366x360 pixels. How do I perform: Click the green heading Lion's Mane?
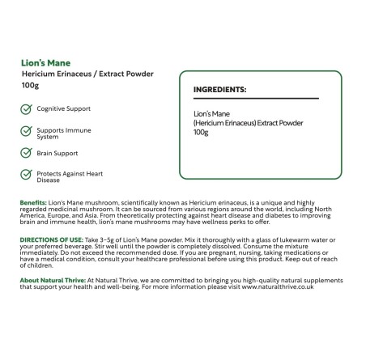coord(43,61)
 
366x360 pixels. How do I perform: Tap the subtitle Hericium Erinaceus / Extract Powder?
coord(87,74)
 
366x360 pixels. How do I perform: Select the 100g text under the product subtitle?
coord(30,86)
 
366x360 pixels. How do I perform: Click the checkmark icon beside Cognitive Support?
coord(26,108)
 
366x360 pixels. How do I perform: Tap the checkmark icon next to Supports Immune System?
coord(26,131)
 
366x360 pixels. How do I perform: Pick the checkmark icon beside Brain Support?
coord(26,152)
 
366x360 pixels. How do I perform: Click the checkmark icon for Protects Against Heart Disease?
coord(26,175)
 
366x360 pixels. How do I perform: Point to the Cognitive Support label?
coord(63,108)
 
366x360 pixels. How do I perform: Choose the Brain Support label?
coord(57,152)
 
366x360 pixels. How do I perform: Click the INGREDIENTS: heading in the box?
coord(220,90)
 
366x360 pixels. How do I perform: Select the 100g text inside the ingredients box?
coord(201,133)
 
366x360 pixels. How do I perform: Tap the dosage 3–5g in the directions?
coord(119,240)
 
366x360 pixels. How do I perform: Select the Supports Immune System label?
coord(63,133)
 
